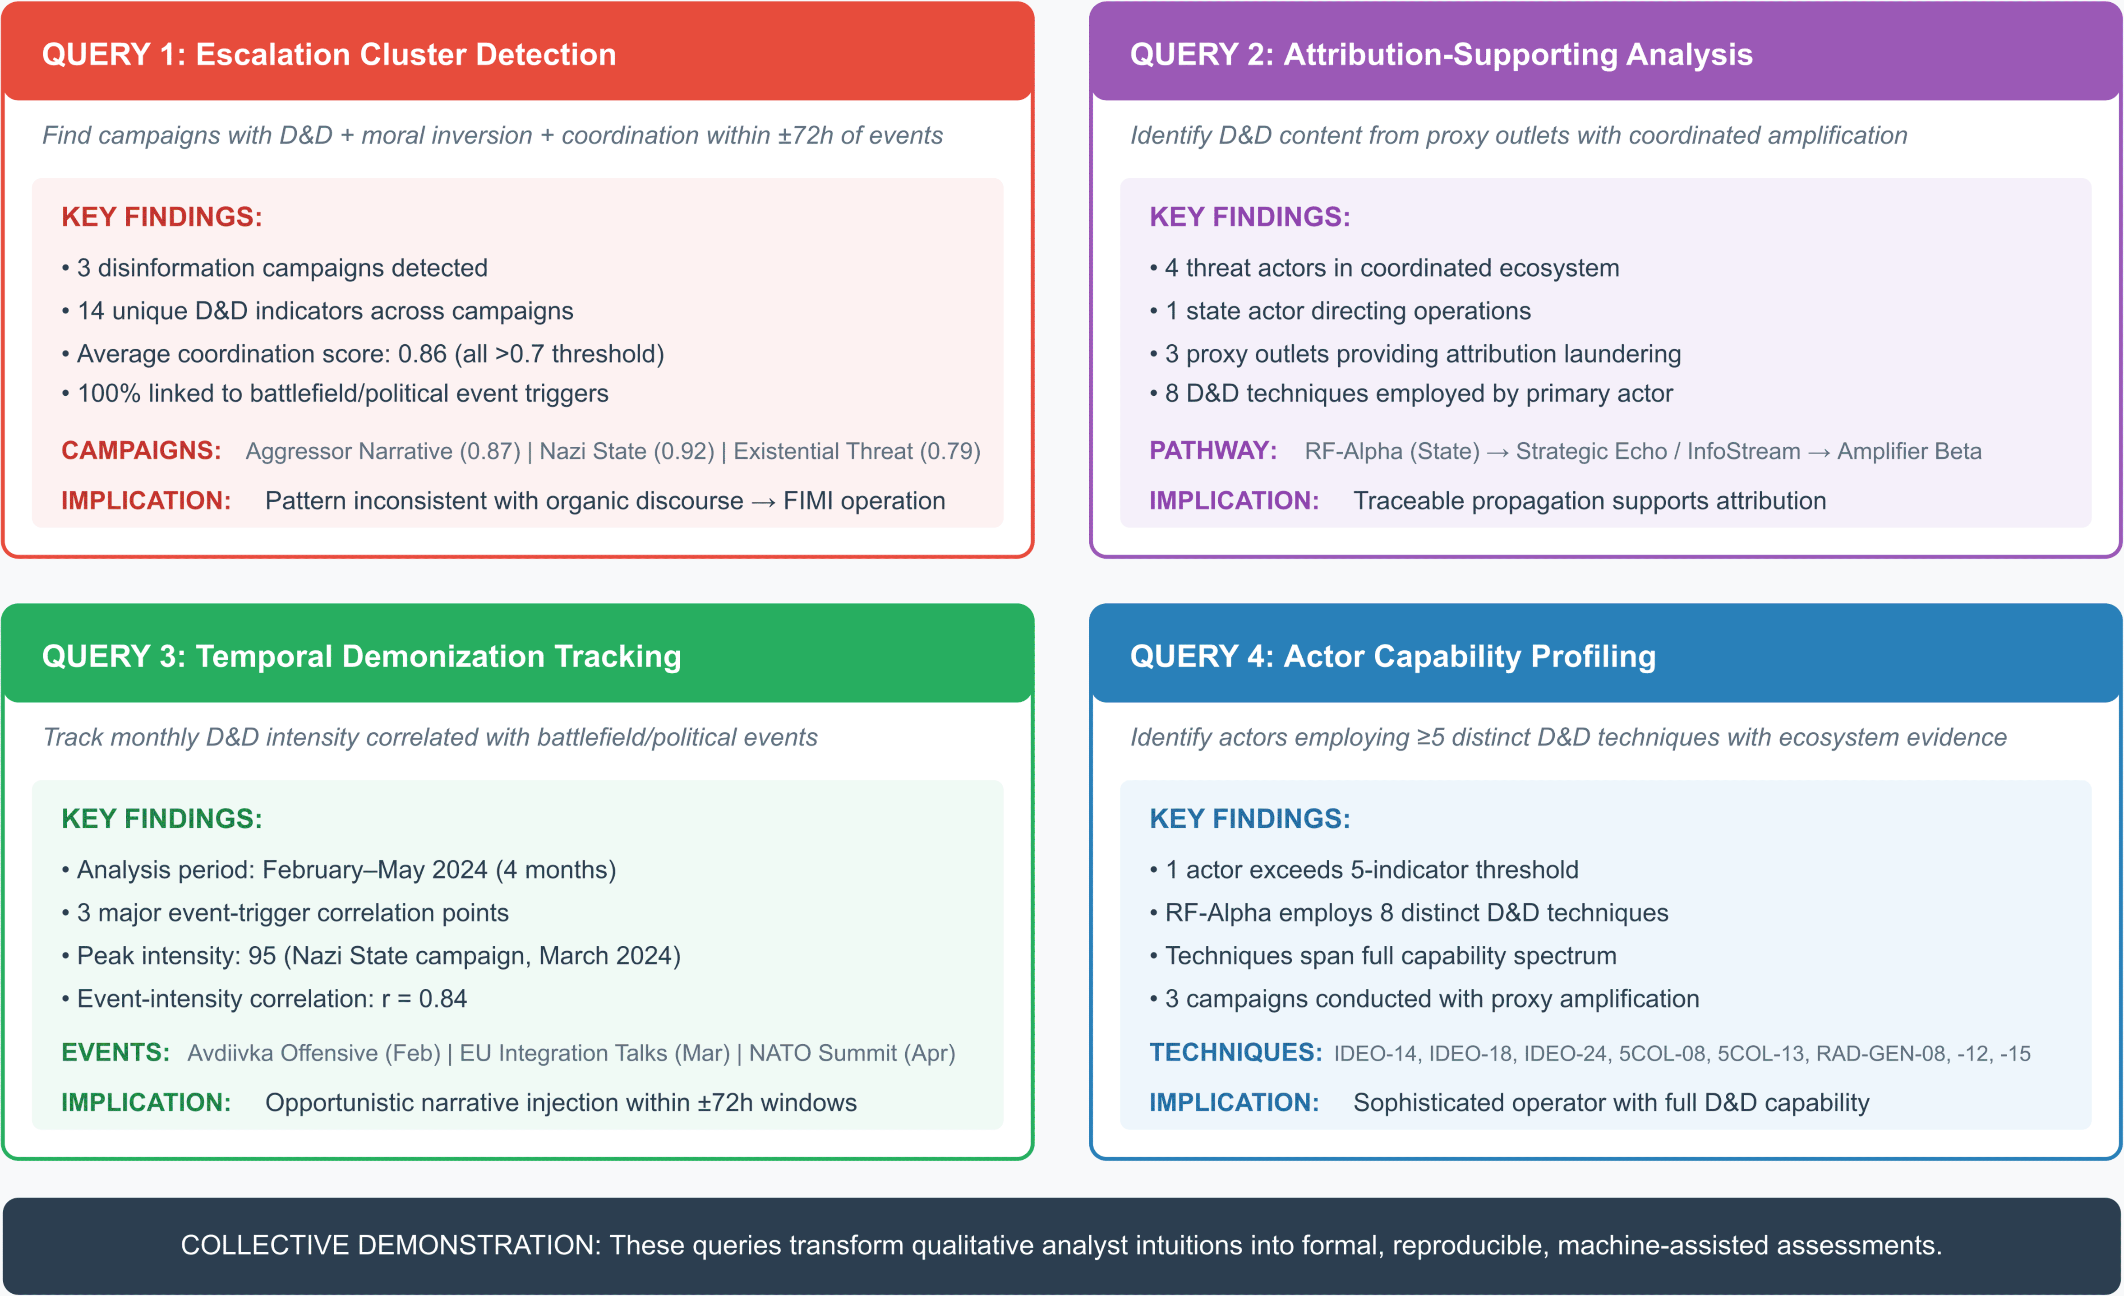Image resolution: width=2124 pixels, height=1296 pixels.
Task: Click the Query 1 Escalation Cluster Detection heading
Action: point(329,54)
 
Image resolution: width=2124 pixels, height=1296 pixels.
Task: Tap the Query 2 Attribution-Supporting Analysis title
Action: point(1441,54)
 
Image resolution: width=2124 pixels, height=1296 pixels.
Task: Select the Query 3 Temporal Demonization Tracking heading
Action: point(361,656)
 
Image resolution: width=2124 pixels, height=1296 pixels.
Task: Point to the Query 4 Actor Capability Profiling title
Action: point(1393,656)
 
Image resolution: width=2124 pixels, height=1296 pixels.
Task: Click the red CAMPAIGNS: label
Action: point(141,450)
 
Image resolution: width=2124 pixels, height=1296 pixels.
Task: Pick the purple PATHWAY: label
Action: point(1213,450)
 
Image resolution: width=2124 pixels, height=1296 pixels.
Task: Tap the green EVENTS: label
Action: point(115,1052)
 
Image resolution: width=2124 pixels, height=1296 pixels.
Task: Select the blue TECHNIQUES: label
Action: point(1235,1052)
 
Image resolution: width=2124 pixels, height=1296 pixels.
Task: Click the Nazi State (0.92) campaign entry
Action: point(627,451)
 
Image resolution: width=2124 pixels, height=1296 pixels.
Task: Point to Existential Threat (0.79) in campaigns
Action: point(857,451)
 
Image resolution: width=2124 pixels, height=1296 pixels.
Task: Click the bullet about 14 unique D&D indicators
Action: point(317,310)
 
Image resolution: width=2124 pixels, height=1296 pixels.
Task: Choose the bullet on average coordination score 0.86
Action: point(363,353)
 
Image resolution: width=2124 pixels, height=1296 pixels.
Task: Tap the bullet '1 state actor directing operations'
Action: point(1341,310)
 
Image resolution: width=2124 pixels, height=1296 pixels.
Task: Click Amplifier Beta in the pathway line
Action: point(1909,451)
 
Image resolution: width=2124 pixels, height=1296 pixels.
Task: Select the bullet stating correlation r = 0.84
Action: point(264,999)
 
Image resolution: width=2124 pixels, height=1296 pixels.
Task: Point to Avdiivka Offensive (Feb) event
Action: point(314,1053)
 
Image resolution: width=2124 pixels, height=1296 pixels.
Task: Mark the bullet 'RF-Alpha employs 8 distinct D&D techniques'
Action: point(1409,912)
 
